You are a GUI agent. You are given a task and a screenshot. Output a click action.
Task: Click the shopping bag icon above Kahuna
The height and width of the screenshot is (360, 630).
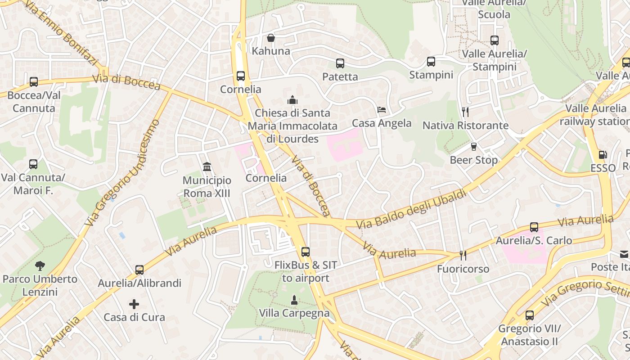[x=271, y=38]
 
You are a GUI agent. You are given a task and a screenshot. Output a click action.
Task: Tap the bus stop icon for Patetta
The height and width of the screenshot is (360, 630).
[x=340, y=63]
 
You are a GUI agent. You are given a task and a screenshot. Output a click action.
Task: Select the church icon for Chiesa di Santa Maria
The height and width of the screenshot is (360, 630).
[x=292, y=99]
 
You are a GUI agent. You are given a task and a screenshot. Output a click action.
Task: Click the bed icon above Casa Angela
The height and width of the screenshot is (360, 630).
[x=382, y=110]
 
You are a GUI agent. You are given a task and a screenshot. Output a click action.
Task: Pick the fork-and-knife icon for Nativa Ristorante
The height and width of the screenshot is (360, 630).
[x=465, y=112]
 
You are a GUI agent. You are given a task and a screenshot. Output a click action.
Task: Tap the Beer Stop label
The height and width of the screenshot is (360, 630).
[x=474, y=160]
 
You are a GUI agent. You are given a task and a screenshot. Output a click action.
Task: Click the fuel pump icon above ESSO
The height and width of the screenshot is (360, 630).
[x=603, y=155]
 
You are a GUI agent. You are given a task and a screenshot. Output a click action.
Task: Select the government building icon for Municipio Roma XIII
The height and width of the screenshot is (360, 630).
[x=207, y=167]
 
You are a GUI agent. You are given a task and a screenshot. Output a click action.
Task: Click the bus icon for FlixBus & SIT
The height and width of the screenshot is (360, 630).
[x=306, y=252]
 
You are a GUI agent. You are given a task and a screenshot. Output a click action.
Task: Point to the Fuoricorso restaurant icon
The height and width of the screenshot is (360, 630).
[x=463, y=256]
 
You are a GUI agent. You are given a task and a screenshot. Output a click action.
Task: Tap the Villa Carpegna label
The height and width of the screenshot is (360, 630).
[x=294, y=313]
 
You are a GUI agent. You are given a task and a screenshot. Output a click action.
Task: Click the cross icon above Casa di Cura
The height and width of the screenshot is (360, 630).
[x=134, y=304]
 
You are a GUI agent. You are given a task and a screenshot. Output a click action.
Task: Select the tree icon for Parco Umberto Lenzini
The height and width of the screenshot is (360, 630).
[x=40, y=265]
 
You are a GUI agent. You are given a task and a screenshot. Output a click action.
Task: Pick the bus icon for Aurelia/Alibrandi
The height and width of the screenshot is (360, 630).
[x=139, y=270]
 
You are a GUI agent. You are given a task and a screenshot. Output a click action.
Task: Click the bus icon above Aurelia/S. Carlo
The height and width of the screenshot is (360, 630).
[x=534, y=227]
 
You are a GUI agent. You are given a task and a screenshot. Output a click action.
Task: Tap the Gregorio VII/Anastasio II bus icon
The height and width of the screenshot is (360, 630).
[x=530, y=315]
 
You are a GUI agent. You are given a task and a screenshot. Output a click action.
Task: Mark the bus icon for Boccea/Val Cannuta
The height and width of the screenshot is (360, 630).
[x=34, y=82]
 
